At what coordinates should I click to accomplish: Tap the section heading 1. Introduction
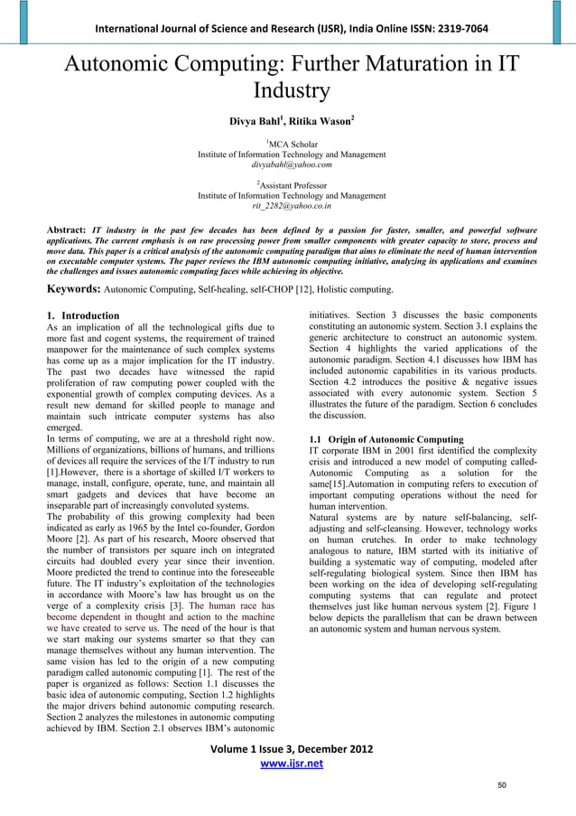coord(82,315)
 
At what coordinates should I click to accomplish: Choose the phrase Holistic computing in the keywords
coord(351,290)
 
